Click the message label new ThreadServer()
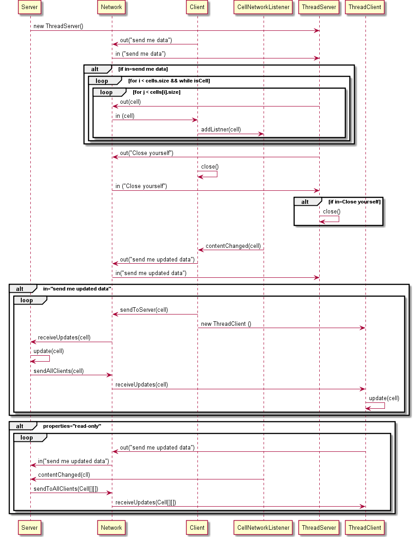(x=58, y=26)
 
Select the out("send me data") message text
(x=146, y=40)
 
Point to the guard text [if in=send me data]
(x=143, y=69)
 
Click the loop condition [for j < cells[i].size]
(x=156, y=92)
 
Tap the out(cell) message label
(x=130, y=102)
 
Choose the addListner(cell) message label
(x=221, y=130)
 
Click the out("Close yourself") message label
(x=146, y=153)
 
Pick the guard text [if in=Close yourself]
(x=354, y=201)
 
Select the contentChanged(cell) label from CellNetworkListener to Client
(x=233, y=246)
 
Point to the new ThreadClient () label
(x=226, y=324)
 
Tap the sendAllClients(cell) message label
(x=58, y=371)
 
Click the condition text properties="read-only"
(x=72, y=426)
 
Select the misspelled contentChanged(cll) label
(x=64, y=475)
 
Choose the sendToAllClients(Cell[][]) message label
(x=66, y=489)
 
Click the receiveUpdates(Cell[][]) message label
(x=146, y=502)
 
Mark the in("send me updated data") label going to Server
(x=73, y=461)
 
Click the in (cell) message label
(x=125, y=116)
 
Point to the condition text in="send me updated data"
(x=77, y=289)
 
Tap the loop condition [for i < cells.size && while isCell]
(x=169, y=81)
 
